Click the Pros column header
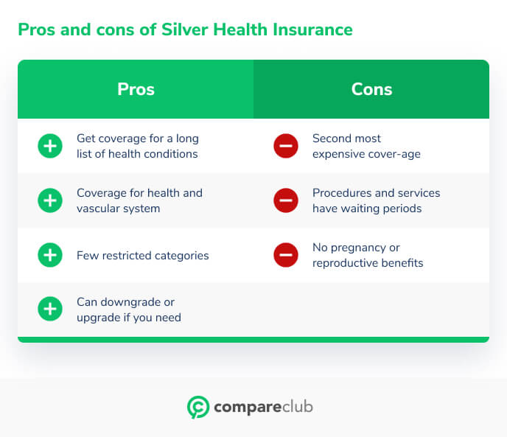pos(136,89)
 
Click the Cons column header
pos(371,89)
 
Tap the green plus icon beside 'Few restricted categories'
pos(50,256)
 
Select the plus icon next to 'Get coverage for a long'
pos(50,146)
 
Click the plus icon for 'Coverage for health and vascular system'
pos(50,200)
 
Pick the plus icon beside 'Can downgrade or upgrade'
pos(50,310)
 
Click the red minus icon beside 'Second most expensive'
pos(286,146)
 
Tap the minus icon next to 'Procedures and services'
pos(286,200)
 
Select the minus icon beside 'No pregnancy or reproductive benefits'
pos(286,256)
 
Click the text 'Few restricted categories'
pos(142,256)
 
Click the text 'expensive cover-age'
pos(366,154)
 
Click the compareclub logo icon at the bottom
pos(197,408)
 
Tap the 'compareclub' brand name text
pos(263,408)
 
